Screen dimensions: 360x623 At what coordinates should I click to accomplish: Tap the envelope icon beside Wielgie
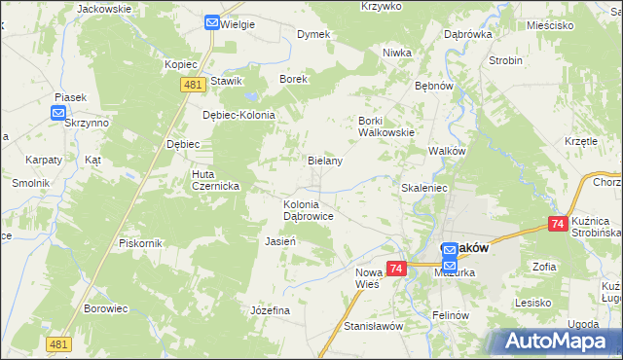(x=212, y=21)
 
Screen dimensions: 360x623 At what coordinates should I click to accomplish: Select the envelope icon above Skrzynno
(x=58, y=112)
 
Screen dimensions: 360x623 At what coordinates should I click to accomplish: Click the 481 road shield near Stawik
(x=191, y=85)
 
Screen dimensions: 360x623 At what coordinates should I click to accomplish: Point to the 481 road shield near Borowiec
(x=58, y=343)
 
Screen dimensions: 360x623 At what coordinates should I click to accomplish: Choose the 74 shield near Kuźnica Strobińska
(x=558, y=224)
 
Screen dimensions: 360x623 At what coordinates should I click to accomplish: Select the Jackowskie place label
(x=103, y=8)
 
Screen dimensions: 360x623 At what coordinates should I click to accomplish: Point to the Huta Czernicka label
(x=195, y=180)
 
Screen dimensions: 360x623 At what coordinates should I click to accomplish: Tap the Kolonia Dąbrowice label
(x=309, y=210)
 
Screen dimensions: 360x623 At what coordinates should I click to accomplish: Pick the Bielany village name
(x=324, y=161)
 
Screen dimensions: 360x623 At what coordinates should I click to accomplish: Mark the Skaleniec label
(x=423, y=187)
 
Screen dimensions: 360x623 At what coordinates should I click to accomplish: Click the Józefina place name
(x=271, y=309)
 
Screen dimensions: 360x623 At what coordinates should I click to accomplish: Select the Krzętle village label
(x=581, y=140)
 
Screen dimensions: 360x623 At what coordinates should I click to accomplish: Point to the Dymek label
(x=313, y=34)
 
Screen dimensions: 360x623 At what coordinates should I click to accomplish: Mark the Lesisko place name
(x=534, y=302)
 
